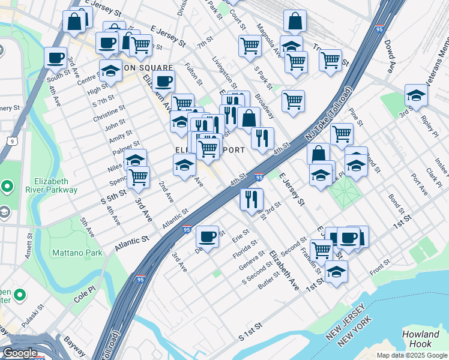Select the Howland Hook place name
421,339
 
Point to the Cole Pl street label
85,296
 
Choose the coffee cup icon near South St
56,58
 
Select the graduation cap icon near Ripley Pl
415,95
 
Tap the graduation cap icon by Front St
336,271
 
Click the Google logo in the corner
20,353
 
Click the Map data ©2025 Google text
412,355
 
